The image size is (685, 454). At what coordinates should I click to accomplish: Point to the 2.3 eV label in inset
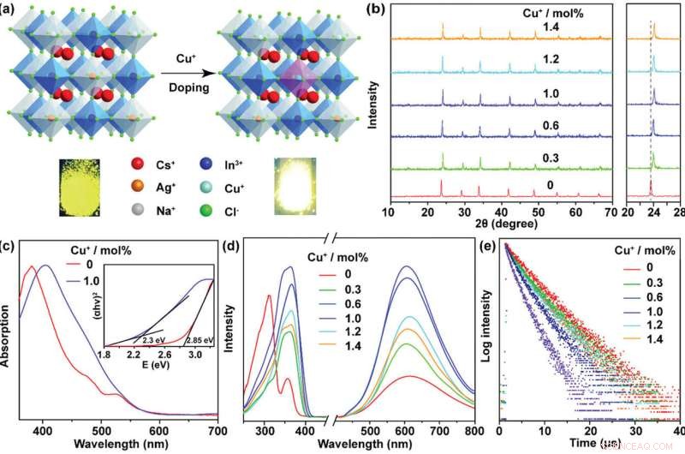coord(146,341)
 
